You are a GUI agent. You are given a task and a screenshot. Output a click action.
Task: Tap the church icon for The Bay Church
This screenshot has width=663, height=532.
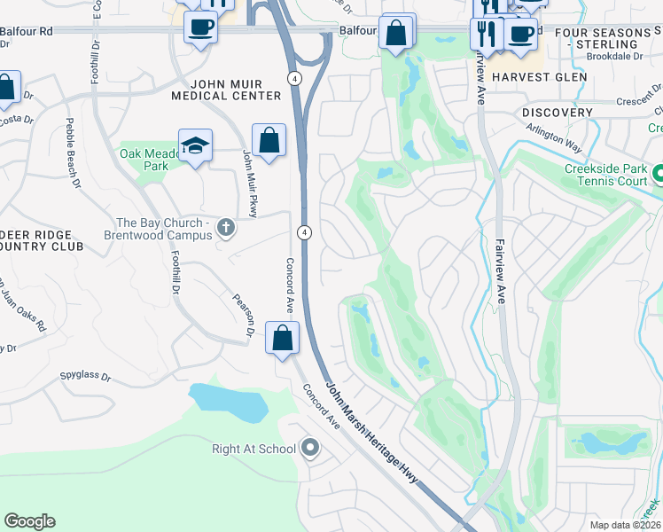tap(226, 229)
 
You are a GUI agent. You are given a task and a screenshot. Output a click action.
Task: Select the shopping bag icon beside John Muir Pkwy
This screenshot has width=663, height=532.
tap(269, 140)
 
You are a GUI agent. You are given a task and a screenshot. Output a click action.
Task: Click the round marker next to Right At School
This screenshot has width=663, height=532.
tap(309, 449)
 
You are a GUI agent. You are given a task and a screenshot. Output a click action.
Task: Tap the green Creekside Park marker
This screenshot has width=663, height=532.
tap(658, 173)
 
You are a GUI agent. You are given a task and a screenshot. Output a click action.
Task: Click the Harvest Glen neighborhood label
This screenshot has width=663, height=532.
tap(539, 77)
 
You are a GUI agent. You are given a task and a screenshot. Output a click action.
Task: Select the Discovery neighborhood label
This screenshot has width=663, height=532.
tap(557, 113)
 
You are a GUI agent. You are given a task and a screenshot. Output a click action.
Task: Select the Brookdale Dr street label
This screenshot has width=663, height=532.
tap(614, 55)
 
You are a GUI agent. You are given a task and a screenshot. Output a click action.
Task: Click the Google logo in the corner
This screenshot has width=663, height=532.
tap(30, 521)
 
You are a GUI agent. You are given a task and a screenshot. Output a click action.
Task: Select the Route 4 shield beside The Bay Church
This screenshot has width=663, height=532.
tap(304, 232)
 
